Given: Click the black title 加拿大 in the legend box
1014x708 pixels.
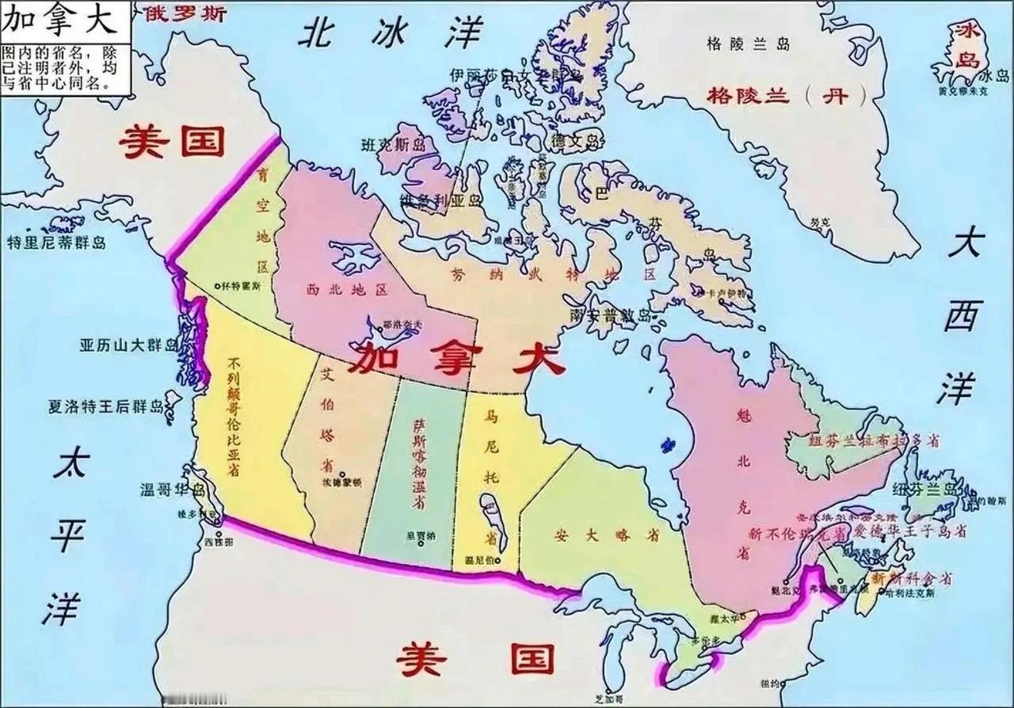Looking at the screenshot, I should point(60,20).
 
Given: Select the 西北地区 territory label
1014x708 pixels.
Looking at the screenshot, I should point(347,290).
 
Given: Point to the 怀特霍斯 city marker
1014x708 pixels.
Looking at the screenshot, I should point(219,284).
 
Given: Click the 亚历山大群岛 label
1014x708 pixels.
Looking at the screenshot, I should point(128,345).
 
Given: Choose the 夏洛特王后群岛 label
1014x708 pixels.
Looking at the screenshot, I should point(105,407).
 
